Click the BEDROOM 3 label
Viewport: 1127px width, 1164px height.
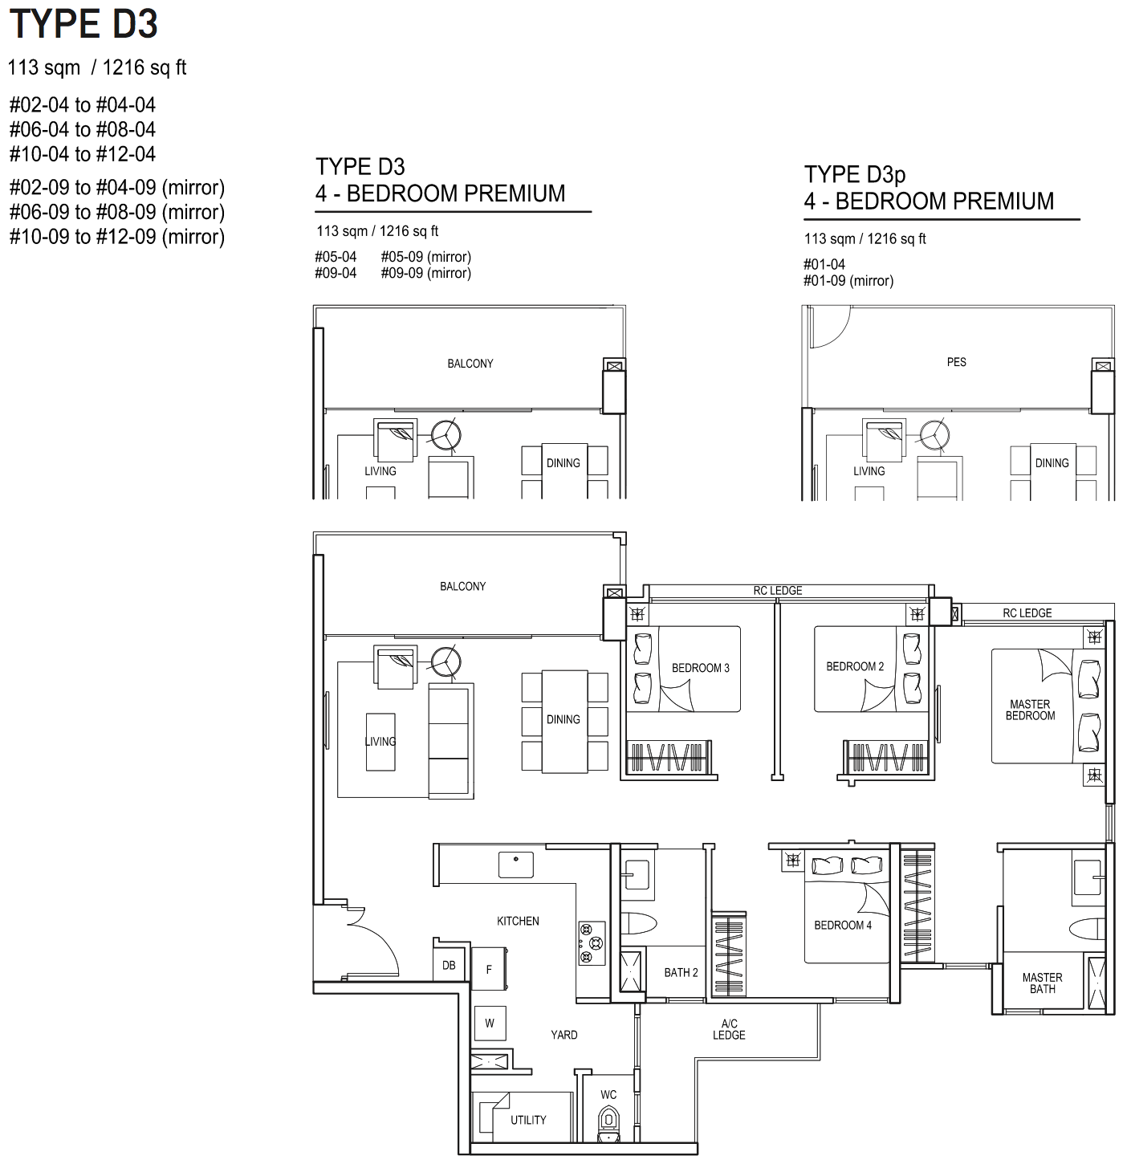pos(700,668)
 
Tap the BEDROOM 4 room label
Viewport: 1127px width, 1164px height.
pos(842,925)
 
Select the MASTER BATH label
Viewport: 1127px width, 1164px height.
pos(1042,983)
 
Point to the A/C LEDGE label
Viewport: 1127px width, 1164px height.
pos(729,1029)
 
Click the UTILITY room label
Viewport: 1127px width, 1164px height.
pos(528,1120)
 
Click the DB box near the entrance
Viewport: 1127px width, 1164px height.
pos(449,965)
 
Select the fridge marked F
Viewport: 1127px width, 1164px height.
pos(489,969)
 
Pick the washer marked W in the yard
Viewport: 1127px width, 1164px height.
pos(490,1024)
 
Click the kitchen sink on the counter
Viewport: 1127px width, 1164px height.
pos(515,865)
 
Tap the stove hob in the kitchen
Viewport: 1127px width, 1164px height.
pos(592,943)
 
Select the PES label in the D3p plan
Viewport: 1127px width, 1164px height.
pos(956,362)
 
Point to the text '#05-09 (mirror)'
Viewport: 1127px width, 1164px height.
pos(426,257)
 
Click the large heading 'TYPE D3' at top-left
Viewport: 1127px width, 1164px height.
pos(83,24)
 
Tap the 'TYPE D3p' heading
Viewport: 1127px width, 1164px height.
pos(854,174)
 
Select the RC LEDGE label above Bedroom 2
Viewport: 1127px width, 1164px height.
pos(777,590)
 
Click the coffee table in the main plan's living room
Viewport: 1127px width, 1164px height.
pos(380,742)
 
